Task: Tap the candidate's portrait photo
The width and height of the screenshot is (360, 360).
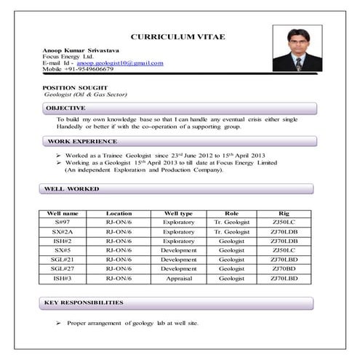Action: point(297,49)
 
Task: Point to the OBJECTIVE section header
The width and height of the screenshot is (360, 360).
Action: point(66,108)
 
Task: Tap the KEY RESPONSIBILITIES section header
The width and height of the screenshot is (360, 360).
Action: point(84,302)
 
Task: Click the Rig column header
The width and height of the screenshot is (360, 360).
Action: point(284,214)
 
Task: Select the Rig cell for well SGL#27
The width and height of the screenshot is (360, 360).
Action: point(284,269)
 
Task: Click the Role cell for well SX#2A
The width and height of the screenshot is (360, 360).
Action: point(231,231)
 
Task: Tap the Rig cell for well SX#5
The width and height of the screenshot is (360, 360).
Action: point(284,250)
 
